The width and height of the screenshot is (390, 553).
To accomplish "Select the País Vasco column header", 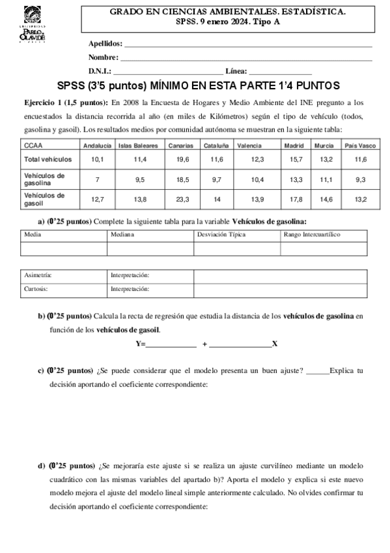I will [360, 146].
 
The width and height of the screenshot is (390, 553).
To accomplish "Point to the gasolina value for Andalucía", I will [97, 179].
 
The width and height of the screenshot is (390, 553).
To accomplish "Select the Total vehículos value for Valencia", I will [257, 159].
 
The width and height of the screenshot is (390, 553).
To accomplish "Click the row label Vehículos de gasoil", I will [44, 198].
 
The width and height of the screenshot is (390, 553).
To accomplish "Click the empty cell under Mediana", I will [150, 248].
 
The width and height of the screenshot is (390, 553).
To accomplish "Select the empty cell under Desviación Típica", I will [236, 248].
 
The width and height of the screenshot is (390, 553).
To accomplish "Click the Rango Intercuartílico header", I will [312, 234].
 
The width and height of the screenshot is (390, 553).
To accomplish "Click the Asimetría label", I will [37, 275].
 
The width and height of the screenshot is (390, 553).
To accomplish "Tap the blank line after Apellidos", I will [247, 46].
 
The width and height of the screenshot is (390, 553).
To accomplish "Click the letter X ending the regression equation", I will [275, 344].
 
